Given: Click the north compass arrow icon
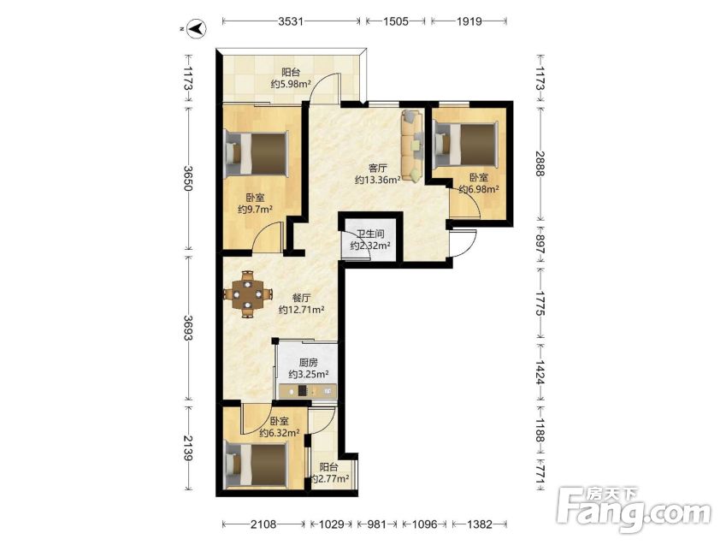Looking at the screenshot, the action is (198, 28).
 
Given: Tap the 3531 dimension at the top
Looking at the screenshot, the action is (291, 21).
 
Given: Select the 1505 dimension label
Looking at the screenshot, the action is (396, 21).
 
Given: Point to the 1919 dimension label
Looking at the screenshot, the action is (469, 21).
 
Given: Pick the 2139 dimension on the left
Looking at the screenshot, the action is (187, 448).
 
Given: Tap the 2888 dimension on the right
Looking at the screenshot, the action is (540, 163).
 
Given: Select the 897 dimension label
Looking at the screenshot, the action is (540, 244).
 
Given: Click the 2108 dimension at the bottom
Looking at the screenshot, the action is (263, 524).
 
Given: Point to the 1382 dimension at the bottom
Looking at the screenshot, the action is (479, 524).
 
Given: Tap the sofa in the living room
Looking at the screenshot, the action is (412, 145).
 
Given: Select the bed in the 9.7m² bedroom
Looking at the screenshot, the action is (256, 153).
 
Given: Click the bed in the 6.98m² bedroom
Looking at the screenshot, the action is (465, 143).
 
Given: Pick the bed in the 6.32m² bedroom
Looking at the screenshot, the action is (256, 464).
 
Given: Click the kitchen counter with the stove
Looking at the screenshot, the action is (308, 392).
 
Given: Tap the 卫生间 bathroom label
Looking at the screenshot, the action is (370, 234).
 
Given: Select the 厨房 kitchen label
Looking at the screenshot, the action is (309, 363).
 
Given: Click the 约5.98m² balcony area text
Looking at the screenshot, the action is (291, 84).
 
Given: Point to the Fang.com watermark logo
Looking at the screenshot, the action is (634, 509).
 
